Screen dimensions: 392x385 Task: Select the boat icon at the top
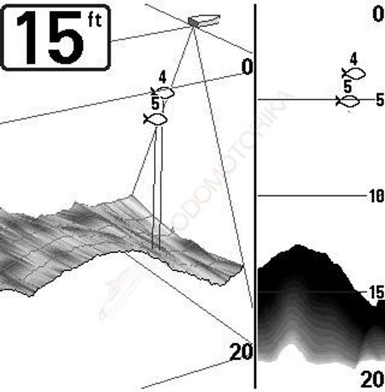pyautogui.click(x=204, y=20)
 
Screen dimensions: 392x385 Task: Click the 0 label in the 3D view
pyautogui.click(x=247, y=67)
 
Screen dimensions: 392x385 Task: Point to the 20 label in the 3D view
pyautogui.click(x=241, y=352)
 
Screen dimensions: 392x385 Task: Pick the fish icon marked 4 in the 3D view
pyautogui.click(x=165, y=92)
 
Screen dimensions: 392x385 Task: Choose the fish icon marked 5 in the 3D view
pyautogui.click(x=156, y=119)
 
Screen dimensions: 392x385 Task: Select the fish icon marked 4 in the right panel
pyautogui.click(x=353, y=73)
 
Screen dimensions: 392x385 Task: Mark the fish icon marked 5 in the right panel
pyautogui.click(x=349, y=101)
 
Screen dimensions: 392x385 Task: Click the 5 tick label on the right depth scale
pyautogui.click(x=379, y=101)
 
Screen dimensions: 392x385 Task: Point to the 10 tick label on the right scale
pyautogui.click(x=375, y=197)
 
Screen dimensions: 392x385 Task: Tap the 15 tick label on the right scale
pyautogui.click(x=375, y=292)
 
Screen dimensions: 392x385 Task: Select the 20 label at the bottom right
pyautogui.click(x=372, y=379)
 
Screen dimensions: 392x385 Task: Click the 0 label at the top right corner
pyautogui.click(x=376, y=13)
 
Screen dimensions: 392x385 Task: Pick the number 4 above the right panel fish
pyautogui.click(x=353, y=58)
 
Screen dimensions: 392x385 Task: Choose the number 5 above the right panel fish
pyautogui.click(x=347, y=87)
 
